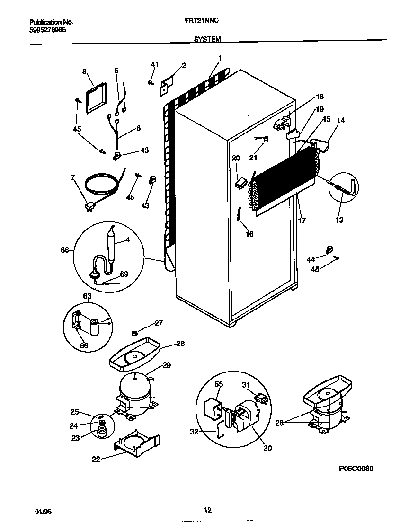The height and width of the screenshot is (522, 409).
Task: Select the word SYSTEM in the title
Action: tap(207, 40)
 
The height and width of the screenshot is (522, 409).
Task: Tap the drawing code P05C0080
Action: tap(356, 469)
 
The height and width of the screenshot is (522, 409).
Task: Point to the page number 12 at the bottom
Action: tap(207, 510)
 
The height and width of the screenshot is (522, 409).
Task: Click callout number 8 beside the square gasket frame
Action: tap(84, 71)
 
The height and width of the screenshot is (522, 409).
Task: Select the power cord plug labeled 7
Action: tap(89, 206)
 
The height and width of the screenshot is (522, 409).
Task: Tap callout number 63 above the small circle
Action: tap(87, 297)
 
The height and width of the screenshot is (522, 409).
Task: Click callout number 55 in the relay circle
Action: tap(218, 385)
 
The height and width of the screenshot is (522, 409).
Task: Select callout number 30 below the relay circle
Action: tap(267, 448)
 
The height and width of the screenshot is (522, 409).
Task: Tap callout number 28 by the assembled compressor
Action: tap(279, 423)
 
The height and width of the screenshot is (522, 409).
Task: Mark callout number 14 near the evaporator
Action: tap(341, 120)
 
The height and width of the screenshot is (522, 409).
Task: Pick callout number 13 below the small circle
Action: tap(339, 220)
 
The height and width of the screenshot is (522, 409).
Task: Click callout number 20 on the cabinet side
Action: tap(236, 158)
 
